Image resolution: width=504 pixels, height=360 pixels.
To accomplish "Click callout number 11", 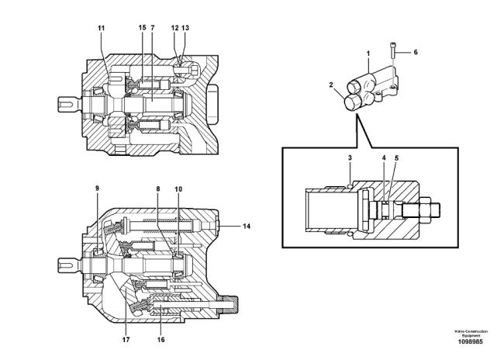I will click(x=100, y=29).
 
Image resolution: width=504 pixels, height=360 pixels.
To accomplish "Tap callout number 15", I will click(x=142, y=29).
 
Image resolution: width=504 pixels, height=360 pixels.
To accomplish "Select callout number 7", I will click(x=153, y=29).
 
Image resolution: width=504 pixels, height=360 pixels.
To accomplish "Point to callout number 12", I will click(x=174, y=29).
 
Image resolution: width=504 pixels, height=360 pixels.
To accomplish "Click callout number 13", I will click(x=185, y=29).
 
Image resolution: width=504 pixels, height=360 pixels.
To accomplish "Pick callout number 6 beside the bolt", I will click(x=415, y=52).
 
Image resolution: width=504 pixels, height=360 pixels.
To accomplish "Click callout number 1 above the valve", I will click(x=368, y=52).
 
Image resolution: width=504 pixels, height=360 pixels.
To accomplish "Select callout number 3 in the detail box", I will click(x=350, y=157).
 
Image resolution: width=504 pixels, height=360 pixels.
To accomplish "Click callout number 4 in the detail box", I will click(x=383, y=157).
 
